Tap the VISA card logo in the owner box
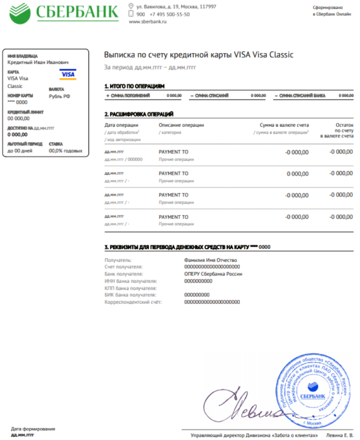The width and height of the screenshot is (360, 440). (x=67, y=75)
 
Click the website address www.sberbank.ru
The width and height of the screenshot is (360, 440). (x=147, y=22)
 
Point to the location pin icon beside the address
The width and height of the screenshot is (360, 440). (x=131, y=6)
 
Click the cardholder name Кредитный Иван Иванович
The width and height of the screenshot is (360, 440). (x=38, y=62)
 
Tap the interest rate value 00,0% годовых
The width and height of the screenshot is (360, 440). (x=66, y=151)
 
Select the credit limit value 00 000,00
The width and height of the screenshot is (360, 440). (x=18, y=119)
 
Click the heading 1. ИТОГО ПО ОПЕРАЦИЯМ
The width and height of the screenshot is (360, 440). (x=134, y=86)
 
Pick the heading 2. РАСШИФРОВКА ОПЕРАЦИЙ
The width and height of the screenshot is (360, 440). (x=139, y=114)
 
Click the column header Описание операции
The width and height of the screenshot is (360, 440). (x=181, y=125)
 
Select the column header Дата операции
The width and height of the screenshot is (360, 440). (x=121, y=125)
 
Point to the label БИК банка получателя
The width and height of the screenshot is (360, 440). (x=129, y=295)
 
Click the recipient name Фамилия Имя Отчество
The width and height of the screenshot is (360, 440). (x=210, y=260)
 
